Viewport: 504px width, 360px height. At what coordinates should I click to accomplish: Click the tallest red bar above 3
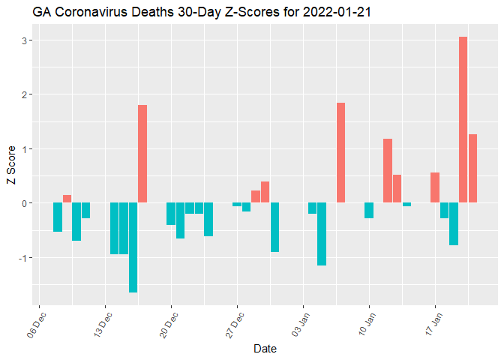click(x=463, y=120)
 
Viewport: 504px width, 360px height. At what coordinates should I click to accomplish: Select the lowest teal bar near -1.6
click(x=133, y=247)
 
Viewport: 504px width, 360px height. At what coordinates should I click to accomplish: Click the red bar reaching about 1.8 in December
click(x=142, y=154)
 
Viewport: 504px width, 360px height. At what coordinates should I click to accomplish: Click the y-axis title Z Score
click(x=10, y=169)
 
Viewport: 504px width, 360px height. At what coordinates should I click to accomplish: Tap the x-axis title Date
click(x=265, y=349)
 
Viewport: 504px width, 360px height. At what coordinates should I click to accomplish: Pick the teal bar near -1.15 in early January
click(x=322, y=234)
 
